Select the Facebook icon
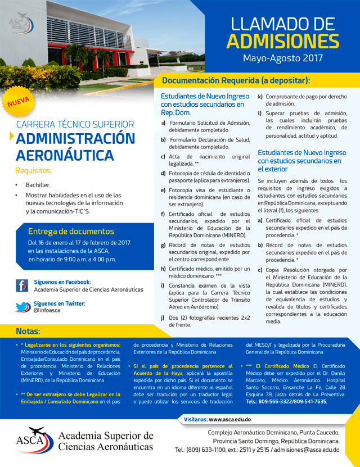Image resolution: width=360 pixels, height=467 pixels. [x=22, y=285]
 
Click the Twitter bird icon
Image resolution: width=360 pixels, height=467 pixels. [x=22, y=307]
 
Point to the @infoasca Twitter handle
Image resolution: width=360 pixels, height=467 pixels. [x=47, y=310]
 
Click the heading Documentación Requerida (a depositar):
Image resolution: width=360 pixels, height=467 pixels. [x=236, y=80]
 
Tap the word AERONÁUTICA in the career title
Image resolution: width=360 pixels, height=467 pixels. [x=65, y=155]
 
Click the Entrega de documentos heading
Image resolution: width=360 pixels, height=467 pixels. [x=71, y=231]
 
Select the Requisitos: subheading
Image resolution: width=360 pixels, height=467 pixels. [x=34, y=171]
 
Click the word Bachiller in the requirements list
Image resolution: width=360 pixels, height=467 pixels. [x=38, y=185]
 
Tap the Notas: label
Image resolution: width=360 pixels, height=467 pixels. [x=28, y=331]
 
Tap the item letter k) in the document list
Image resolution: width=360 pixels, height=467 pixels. [x=260, y=96]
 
